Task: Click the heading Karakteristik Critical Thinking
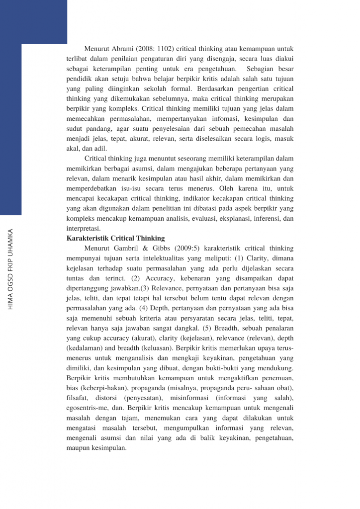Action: pyautogui.click(x=116, y=238)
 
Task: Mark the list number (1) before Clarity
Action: pyautogui.click(x=252, y=258)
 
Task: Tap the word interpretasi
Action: pyautogui.click(x=84, y=228)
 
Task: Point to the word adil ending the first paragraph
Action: pyautogui.click(x=99, y=149)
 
